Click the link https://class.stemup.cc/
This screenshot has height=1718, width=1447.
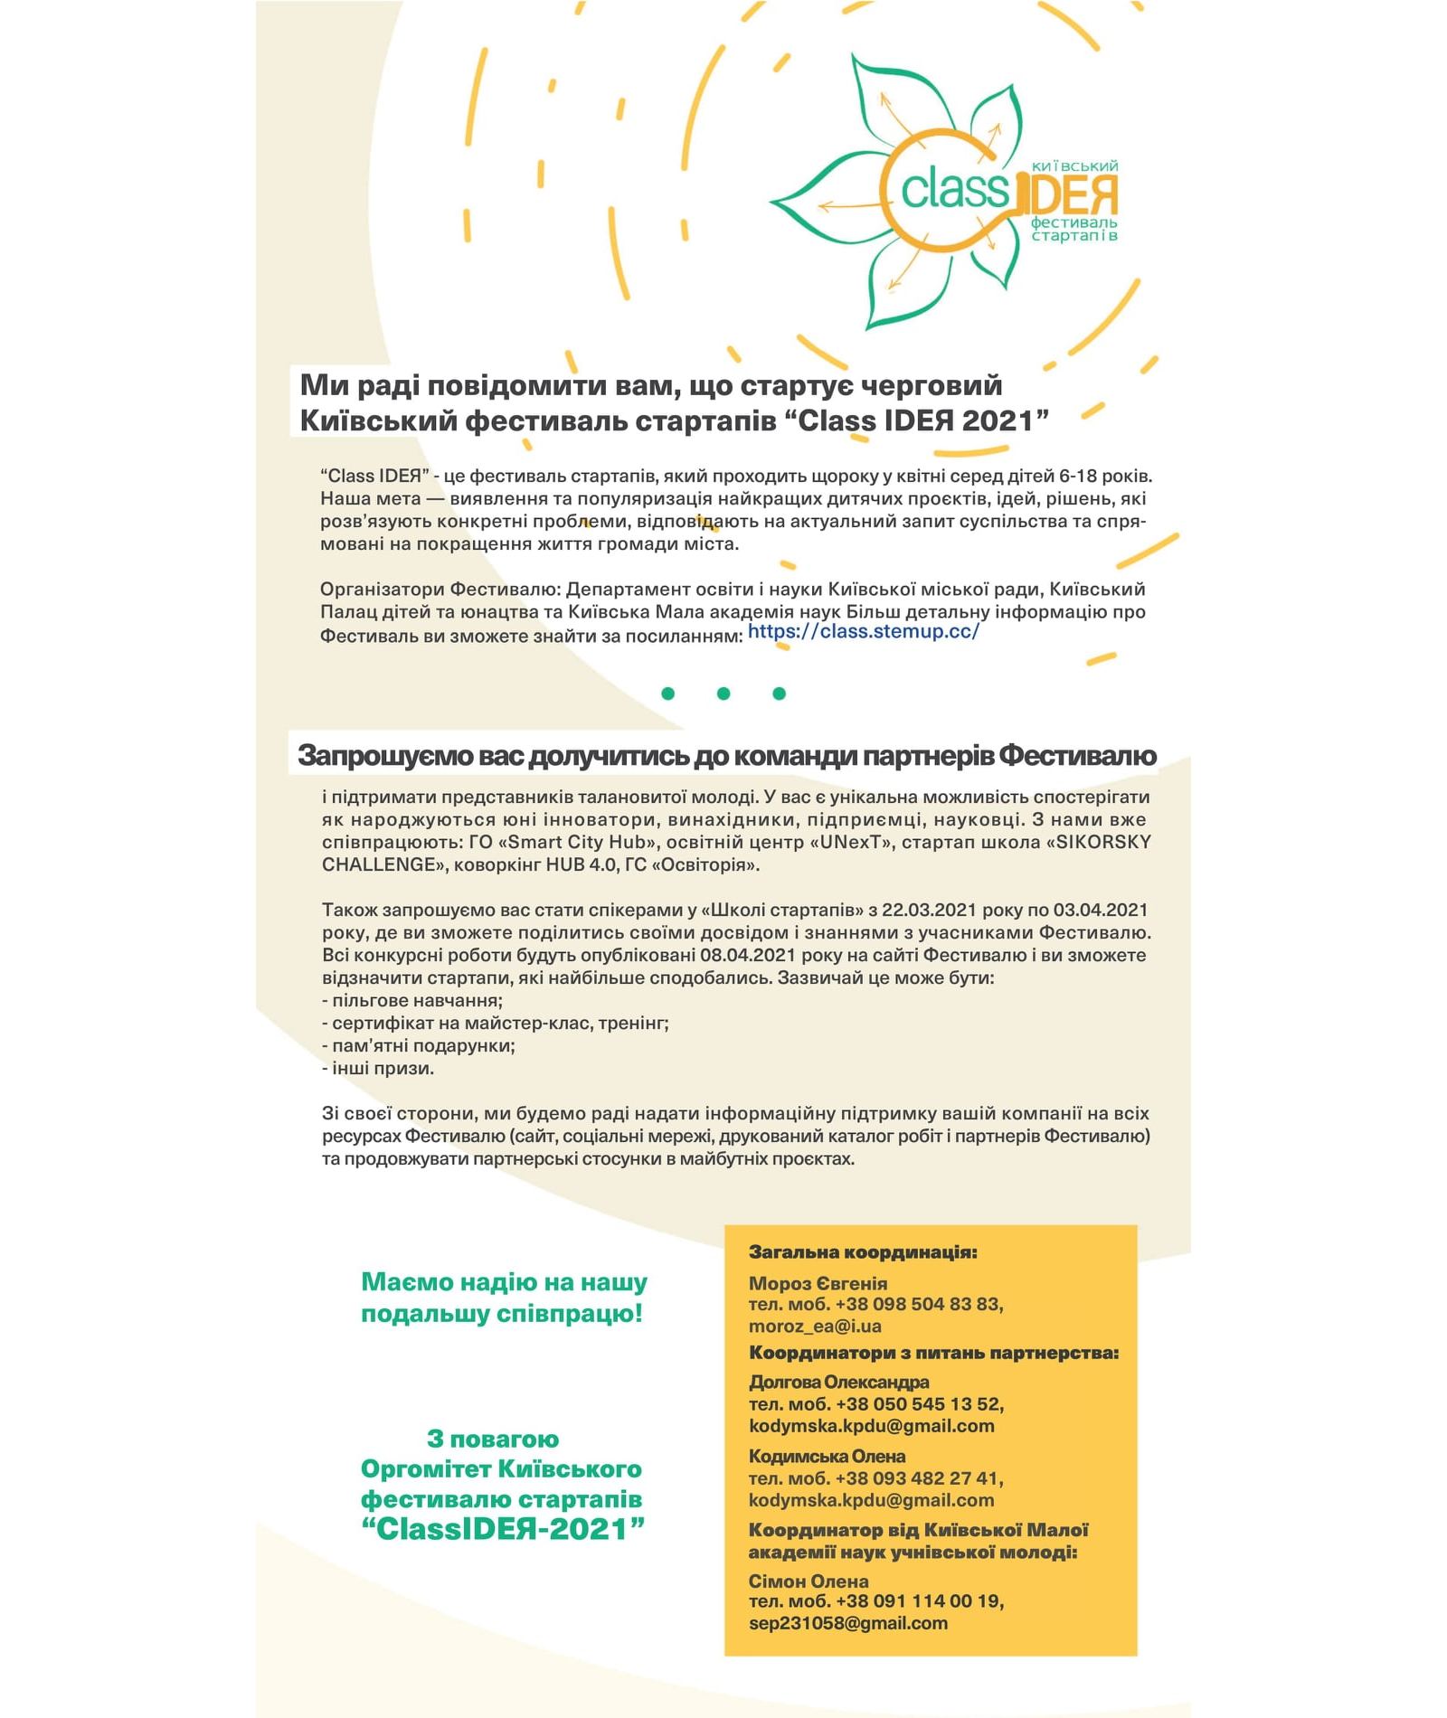(x=863, y=631)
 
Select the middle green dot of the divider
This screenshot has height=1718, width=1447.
(x=723, y=694)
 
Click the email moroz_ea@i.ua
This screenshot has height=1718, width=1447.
(x=814, y=1326)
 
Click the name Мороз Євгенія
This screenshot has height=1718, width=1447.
(x=818, y=1283)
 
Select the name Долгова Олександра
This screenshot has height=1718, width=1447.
(x=838, y=1382)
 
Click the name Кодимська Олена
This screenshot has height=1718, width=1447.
(x=827, y=1456)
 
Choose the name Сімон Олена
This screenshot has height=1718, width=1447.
(x=808, y=1581)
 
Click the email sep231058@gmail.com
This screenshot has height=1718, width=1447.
(x=847, y=1622)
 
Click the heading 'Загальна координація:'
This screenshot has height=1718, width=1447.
(x=863, y=1252)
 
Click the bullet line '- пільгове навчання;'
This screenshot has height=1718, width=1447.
(x=412, y=1000)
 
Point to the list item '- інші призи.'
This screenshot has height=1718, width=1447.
(x=378, y=1068)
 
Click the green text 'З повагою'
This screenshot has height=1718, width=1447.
(x=493, y=1439)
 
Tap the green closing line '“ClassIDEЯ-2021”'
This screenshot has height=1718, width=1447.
(x=502, y=1529)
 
